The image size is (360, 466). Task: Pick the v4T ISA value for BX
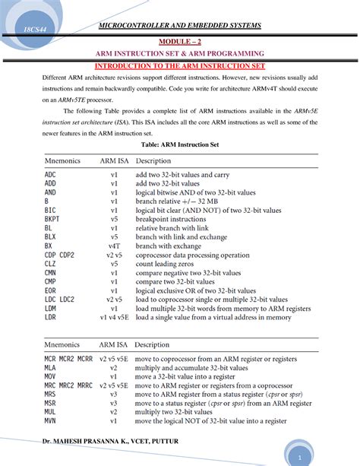pos(114,246)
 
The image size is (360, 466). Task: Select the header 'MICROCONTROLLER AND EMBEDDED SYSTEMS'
pos(179,26)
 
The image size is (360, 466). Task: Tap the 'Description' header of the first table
pos(153,161)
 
